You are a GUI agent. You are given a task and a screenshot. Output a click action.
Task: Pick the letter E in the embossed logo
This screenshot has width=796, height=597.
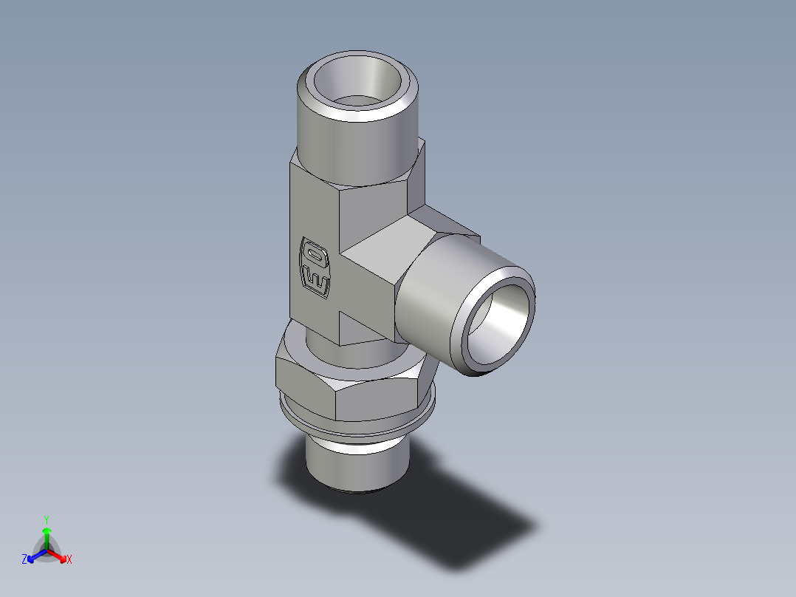click(315, 282)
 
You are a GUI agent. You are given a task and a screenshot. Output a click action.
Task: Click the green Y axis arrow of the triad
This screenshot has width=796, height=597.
click(47, 533)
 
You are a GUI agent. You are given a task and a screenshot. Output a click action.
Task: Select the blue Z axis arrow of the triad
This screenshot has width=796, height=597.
click(34, 556)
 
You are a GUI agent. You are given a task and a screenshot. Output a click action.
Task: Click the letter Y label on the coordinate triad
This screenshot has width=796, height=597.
click(47, 519)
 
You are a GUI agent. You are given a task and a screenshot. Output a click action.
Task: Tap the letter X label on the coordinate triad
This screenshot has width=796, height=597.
click(69, 560)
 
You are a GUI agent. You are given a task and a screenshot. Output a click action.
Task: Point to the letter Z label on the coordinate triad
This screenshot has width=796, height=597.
click(24, 560)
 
